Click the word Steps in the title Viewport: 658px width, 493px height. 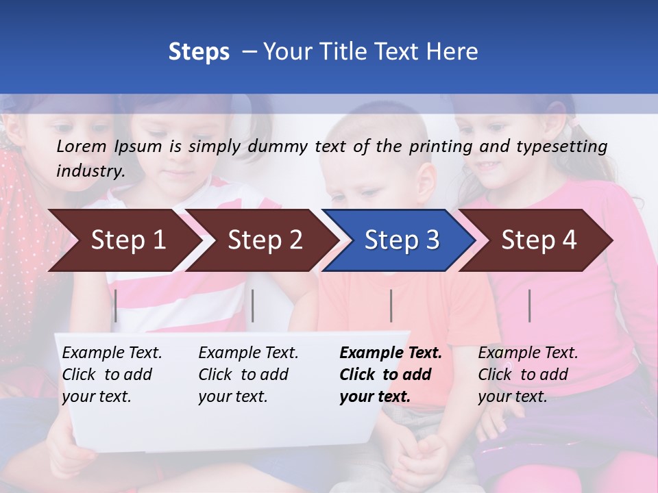tap(199, 52)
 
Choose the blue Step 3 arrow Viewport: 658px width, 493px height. tap(402, 240)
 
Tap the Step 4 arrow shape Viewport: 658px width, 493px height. tap(539, 240)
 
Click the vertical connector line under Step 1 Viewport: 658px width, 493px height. tap(116, 305)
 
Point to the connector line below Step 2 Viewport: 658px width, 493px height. tap(253, 305)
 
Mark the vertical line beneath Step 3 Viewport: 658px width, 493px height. tap(391, 305)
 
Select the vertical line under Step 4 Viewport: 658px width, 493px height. tap(530, 305)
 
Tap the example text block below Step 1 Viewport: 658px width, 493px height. tap(112, 375)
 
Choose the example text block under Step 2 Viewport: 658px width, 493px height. tap(248, 375)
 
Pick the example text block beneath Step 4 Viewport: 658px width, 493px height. tap(528, 375)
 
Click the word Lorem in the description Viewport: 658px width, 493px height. tap(82, 146)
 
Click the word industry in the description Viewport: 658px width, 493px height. tap(90, 171)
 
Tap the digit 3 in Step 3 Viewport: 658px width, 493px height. tap(432, 240)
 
